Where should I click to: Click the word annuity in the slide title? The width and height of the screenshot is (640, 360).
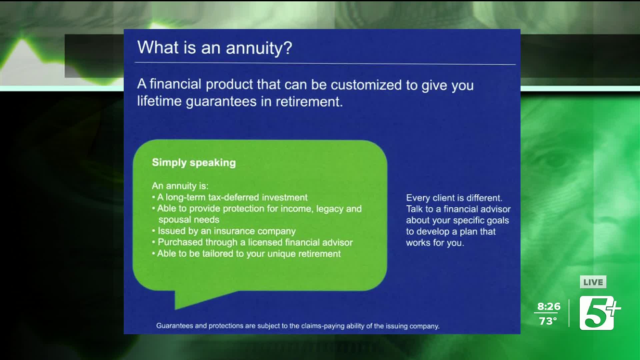(254, 48)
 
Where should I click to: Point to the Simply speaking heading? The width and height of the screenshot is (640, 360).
(194, 163)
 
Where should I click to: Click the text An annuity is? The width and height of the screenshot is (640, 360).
(180, 186)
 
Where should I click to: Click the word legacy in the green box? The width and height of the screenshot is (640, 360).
(329, 209)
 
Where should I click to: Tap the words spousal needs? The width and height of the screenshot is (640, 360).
(189, 220)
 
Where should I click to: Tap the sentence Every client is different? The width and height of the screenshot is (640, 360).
(454, 198)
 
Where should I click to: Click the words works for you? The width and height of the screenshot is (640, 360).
(435, 243)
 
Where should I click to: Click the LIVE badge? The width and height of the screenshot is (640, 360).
(593, 282)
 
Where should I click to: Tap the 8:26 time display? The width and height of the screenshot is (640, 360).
(549, 306)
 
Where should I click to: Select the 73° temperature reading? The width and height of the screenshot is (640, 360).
(548, 321)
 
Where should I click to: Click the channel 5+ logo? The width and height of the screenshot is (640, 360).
(599, 313)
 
